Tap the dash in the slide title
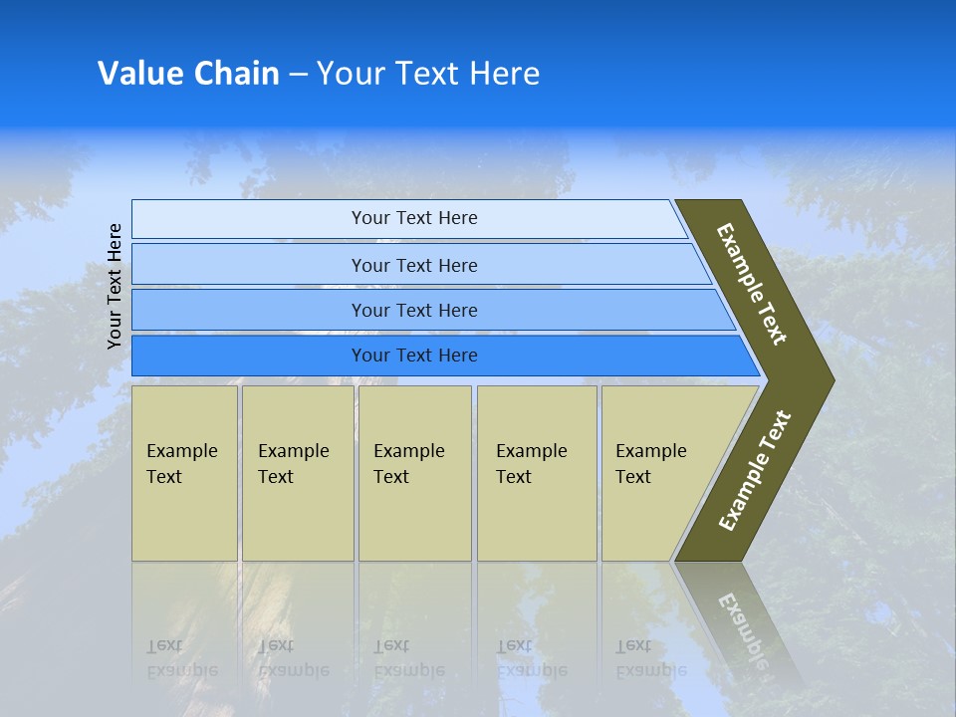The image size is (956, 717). pyautogui.click(x=298, y=75)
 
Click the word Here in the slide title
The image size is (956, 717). pyautogui.click(x=504, y=74)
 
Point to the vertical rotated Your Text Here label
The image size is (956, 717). pyautogui.click(x=115, y=286)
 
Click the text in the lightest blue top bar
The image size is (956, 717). pyautogui.click(x=414, y=218)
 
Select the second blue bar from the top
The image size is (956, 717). pyautogui.click(x=414, y=265)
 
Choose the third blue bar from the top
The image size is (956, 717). pyautogui.click(x=414, y=311)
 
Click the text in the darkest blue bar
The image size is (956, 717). pyautogui.click(x=414, y=356)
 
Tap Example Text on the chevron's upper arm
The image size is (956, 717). pyautogui.click(x=752, y=285)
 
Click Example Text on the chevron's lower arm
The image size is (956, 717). pyautogui.click(x=754, y=471)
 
